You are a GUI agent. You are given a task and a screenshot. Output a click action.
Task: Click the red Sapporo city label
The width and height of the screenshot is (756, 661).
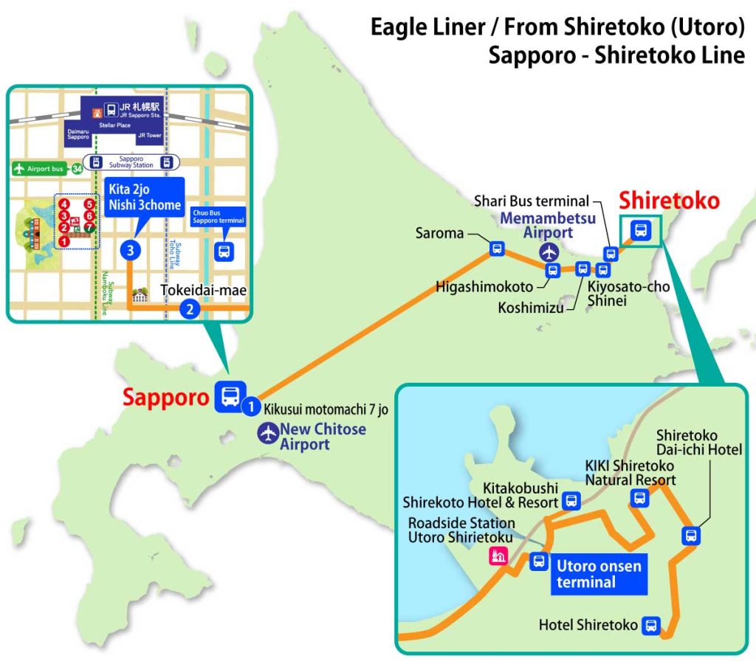pyautogui.click(x=166, y=397)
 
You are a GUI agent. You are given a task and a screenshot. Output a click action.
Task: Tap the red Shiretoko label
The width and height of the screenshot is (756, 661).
pyautogui.click(x=669, y=201)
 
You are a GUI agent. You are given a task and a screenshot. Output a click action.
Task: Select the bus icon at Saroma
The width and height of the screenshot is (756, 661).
pyautogui.click(x=496, y=249)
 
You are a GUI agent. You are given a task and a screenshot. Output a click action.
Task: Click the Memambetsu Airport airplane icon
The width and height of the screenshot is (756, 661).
pyautogui.click(x=549, y=252)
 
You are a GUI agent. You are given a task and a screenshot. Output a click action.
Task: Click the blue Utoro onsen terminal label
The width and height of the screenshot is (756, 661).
pyautogui.click(x=599, y=574)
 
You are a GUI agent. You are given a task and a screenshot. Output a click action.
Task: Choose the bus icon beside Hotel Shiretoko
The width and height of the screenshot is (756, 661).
pyautogui.click(x=650, y=625)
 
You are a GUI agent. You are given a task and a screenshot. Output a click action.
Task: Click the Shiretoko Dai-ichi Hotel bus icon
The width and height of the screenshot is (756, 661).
pyautogui.click(x=691, y=536)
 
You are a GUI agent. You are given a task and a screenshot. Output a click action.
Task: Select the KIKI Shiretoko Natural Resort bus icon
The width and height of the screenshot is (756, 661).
pyautogui.click(x=639, y=498)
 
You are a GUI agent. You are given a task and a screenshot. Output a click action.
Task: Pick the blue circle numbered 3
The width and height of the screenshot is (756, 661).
pyautogui.click(x=130, y=251)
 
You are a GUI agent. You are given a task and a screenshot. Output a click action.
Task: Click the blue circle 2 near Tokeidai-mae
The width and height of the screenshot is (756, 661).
pyautogui.click(x=190, y=309)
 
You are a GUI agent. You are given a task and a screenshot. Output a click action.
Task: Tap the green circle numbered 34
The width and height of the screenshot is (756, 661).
pyautogui.click(x=77, y=169)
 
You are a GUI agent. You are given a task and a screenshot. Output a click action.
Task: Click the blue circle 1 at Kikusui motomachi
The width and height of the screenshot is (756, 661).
pyautogui.click(x=252, y=405)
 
